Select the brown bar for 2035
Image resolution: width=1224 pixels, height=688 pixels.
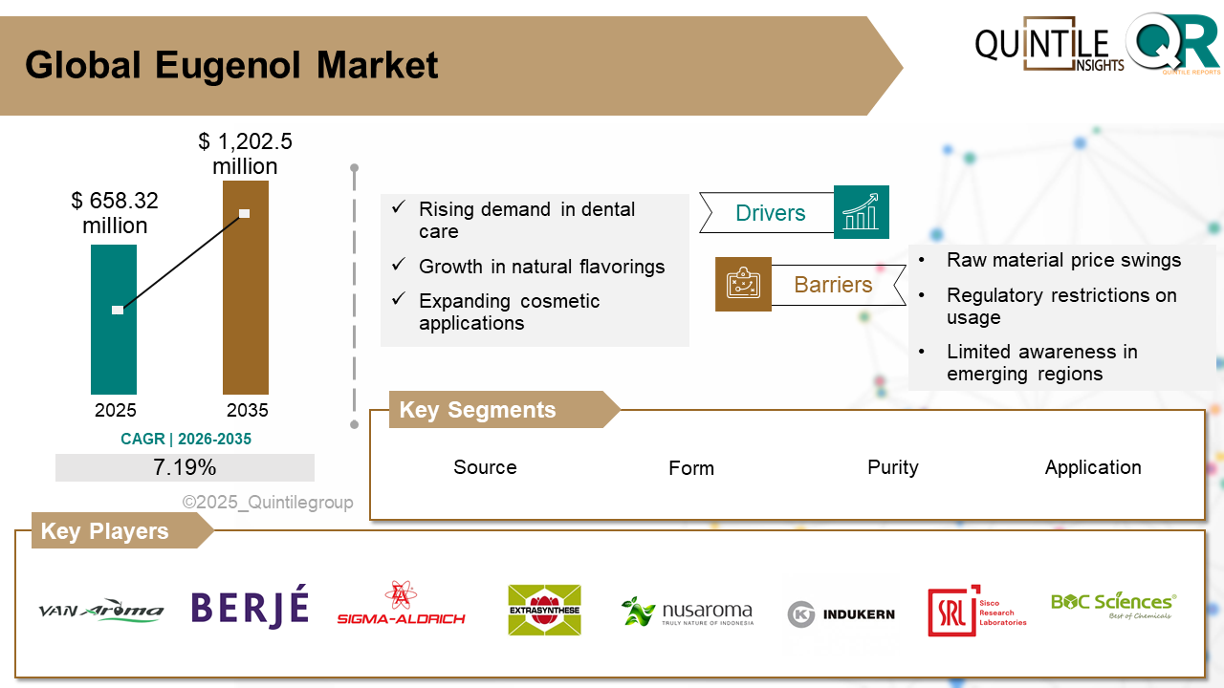[246, 306]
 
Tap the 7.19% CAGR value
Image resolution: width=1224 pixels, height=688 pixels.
[185, 467]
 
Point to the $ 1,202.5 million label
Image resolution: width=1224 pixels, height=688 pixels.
[246, 154]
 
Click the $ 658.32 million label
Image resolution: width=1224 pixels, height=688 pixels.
[115, 213]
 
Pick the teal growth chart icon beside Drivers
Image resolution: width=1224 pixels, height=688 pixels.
[861, 212]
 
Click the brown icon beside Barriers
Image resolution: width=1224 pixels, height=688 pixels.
[743, 284]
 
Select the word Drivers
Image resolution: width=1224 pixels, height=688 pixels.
[770, 213]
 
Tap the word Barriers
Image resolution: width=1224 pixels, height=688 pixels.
[833, 285]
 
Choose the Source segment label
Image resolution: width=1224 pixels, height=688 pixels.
[485, 467]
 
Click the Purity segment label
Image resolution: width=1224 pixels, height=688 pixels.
[892, 467]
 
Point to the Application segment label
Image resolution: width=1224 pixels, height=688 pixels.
[1093, 467]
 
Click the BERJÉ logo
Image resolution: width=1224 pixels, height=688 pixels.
[250, 610]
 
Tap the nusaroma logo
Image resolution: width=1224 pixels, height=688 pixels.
[687, 613]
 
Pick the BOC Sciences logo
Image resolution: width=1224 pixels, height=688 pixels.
[1113, 605]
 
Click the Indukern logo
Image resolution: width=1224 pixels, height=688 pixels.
[841, 613]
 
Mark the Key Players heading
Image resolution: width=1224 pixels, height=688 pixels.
[104, 531]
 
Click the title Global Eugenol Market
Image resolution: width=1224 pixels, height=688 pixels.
[231, 65]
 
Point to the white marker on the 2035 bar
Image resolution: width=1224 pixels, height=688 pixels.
[245, 213]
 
